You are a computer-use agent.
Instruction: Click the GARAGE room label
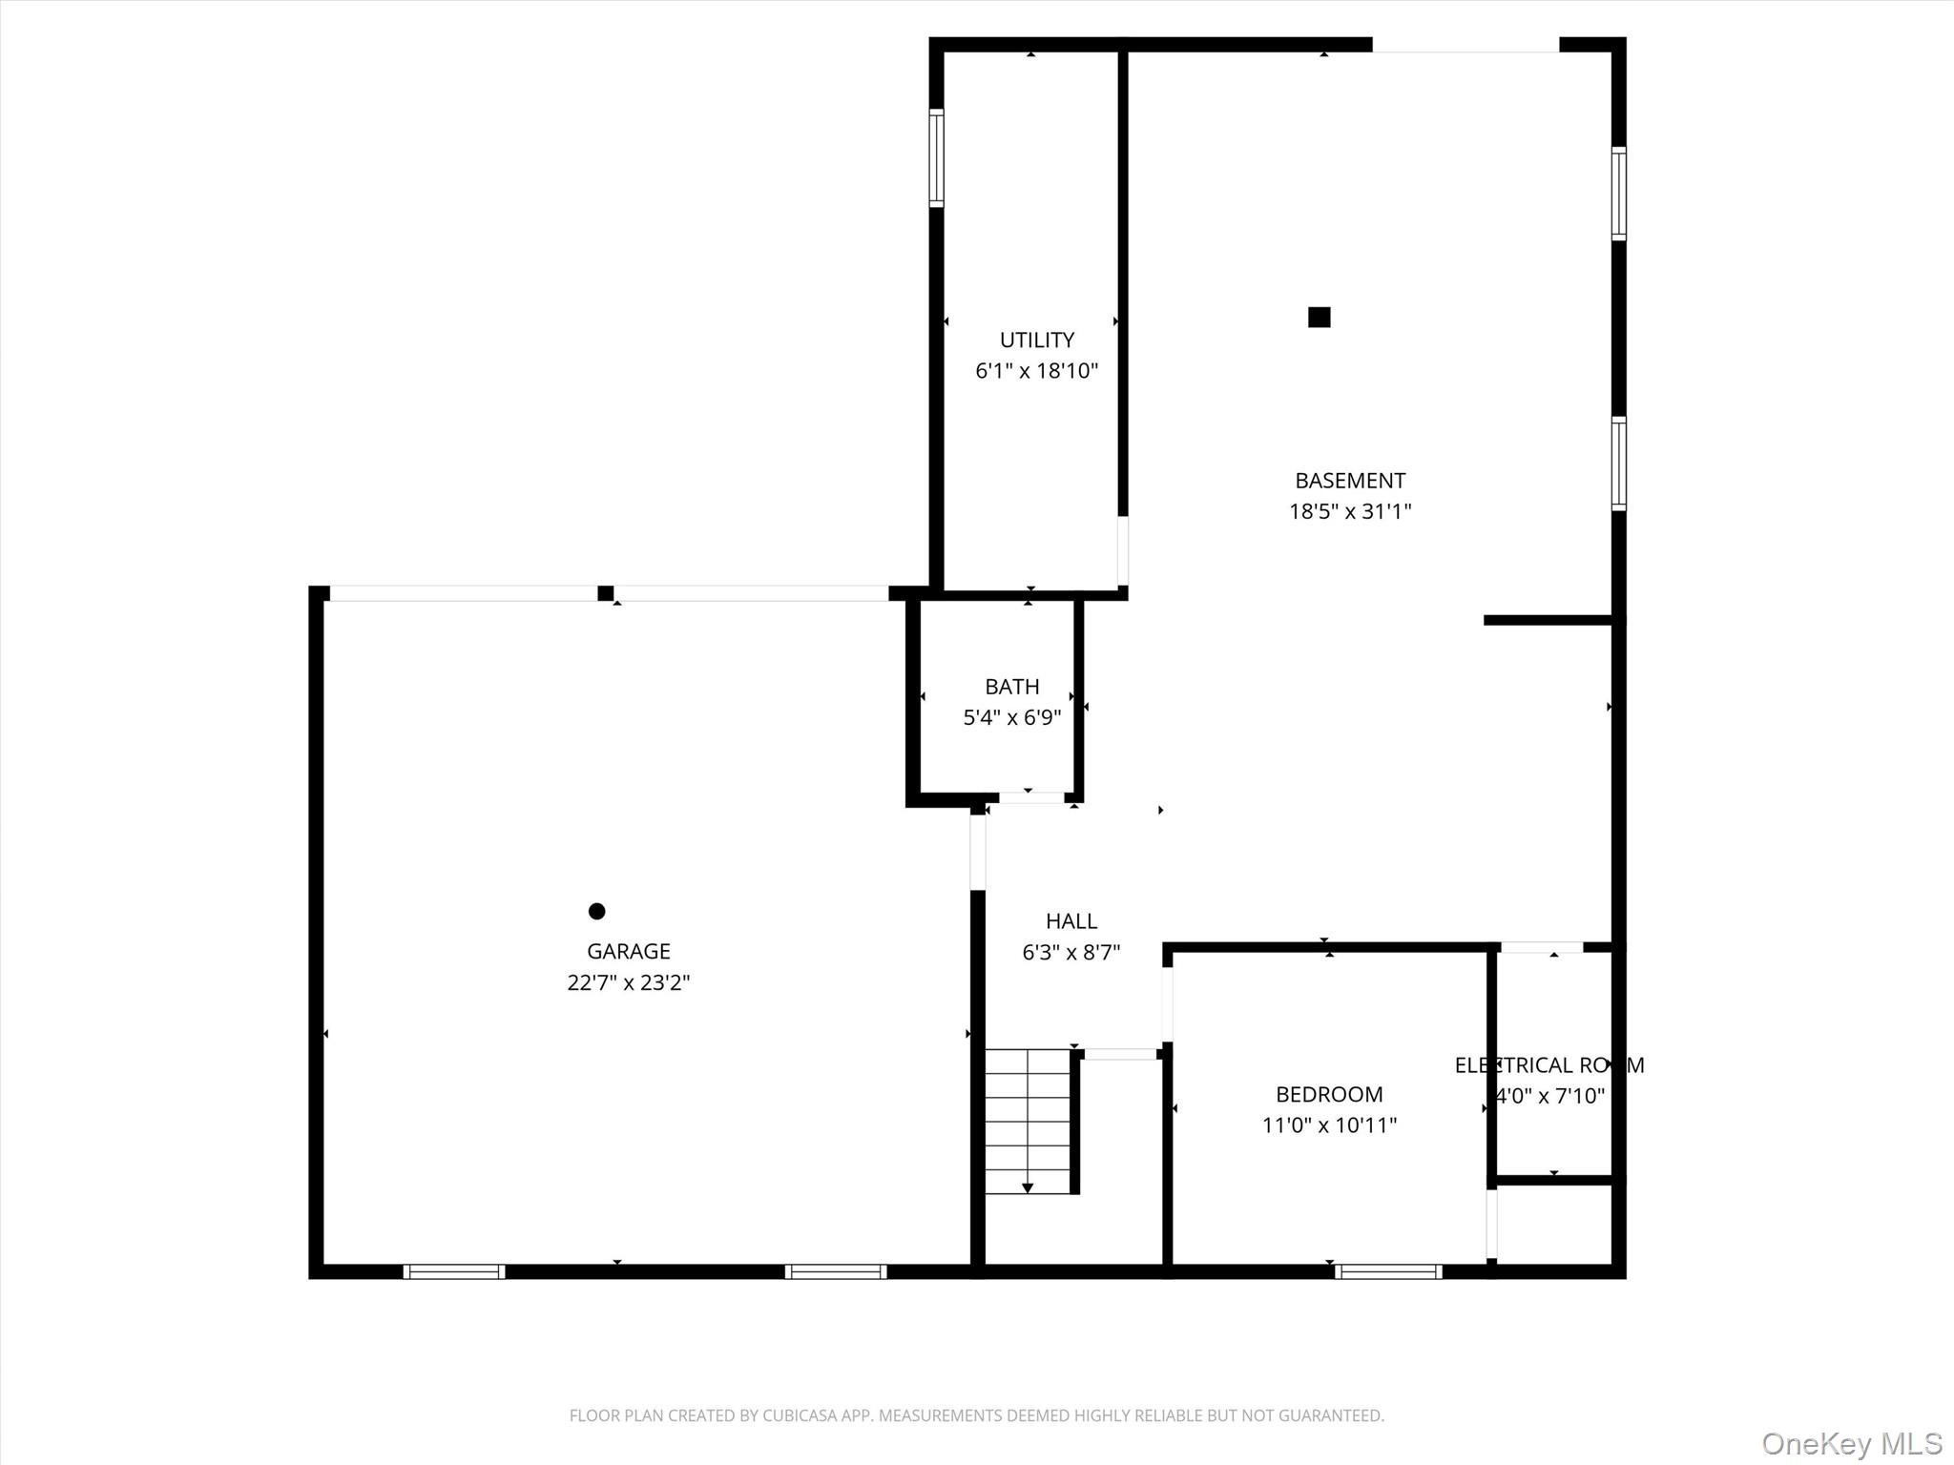(x=628, y=951)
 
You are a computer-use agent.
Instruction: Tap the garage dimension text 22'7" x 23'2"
(x=628, y=982)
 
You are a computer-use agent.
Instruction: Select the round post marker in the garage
(x=596, y=911)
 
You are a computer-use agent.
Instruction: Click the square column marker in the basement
(x=1319, y=318)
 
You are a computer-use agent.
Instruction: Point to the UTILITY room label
(x=1036, y=340)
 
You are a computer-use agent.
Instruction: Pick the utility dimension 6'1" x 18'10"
(x=1036, y=371)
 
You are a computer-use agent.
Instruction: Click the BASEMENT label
(x=1349, y=481)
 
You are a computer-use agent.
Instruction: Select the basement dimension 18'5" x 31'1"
(x=1349, y=511)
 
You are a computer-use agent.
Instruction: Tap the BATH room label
(x=1011, y=687)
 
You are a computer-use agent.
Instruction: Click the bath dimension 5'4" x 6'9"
(x=1011, y=717)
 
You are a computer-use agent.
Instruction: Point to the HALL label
(x=1071, y=921)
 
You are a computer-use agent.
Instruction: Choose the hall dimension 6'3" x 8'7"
(x=1071, y=952)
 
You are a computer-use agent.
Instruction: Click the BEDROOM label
(x=1328, y=1094)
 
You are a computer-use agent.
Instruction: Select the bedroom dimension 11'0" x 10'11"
(x=1328, y=1125)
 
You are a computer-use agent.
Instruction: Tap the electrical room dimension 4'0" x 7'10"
(x=1550, y=1096)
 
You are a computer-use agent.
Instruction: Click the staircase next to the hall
(x=1028, y=1121)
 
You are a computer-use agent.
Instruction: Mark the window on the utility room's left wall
(x=937, y=158)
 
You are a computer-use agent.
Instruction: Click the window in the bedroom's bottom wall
(x=1387, y=1270)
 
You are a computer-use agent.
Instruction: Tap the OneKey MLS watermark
(x=1851, y=1443)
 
